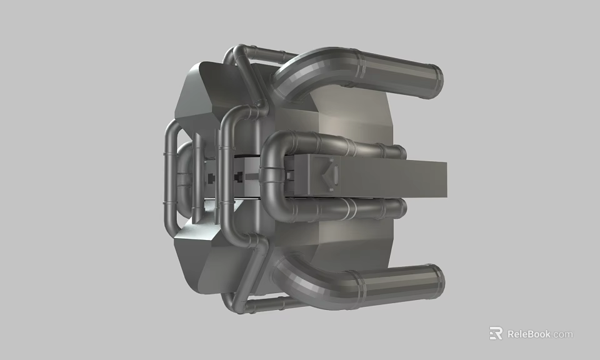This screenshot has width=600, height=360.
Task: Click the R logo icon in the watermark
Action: [x=496, y=334]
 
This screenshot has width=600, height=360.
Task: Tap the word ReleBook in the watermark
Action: [x=529, y=334]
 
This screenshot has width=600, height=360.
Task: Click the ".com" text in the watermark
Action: [x=562, y=334]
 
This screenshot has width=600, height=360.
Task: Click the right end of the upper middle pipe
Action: [x=400, y=152]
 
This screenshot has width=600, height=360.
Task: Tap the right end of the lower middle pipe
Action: [x=400, y=208]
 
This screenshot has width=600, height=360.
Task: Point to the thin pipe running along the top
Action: [x=262, y=52]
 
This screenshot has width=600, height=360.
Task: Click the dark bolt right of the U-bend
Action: [x=288, y=176]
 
